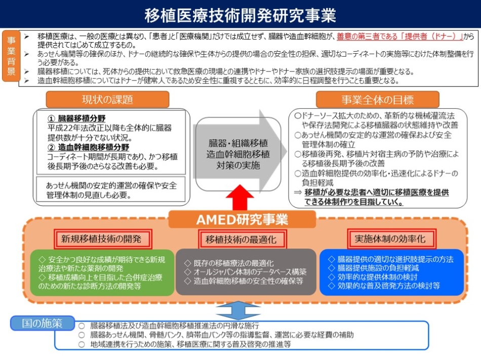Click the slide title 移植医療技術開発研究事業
click(240, 15)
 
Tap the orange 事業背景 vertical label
click(11, 56)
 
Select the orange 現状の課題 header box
click(107, 99)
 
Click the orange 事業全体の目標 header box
click(377, 100)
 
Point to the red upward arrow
click(239, 197)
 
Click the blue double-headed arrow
click(238, 310)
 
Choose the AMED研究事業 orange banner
click(242, 219)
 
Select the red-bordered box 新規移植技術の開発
click(102, 239)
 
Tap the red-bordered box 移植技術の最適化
click(242, 239)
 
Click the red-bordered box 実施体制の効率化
click(391, 238)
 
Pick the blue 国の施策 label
click(43, 323)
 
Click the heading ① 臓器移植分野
click(76, 118)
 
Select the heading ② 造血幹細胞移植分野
click(88, 147)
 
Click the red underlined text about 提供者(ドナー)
click(399, 36)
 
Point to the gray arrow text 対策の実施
click(238, 165)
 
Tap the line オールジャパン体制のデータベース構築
click(250, 272)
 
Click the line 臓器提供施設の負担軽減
click(378, 268)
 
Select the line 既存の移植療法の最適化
click(233, 263)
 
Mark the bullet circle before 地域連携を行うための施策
click(82, 344)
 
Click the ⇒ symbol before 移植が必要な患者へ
click(298, 192)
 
